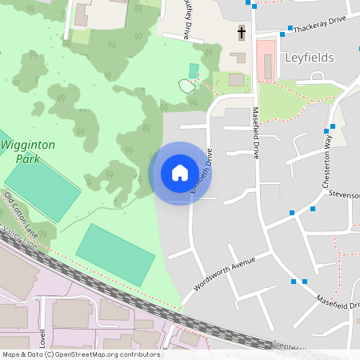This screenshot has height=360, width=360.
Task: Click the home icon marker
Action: (180, 173)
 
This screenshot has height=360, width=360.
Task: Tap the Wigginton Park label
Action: (28, 151)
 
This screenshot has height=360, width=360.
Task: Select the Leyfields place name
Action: (309, 58)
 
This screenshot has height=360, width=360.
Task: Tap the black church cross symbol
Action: (241, 33)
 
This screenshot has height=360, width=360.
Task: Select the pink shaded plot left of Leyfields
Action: (265, 59)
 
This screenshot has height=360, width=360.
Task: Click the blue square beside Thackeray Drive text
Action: (282, 34)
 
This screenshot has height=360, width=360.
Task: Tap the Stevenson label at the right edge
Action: (342, 194)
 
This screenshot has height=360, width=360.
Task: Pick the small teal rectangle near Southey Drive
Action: (193, 70)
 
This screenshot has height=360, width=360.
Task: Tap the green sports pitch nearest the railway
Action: (115, 254)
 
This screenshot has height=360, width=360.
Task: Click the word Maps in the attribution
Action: (11, 354)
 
